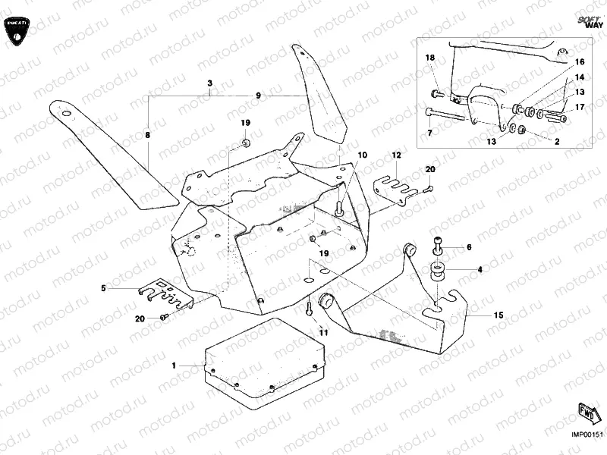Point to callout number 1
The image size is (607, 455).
tap(174, 366)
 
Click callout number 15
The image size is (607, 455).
tap(498, 314)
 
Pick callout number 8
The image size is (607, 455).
tap(148, 134)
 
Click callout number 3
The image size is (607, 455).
tap(210, 82)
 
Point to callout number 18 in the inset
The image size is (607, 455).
tap(429, 58)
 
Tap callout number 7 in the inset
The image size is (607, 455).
tap(429, 133)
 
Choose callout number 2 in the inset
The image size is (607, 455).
tap(557, 141)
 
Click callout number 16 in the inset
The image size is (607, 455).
tap(580, 61)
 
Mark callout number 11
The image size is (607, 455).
tap(324, 332)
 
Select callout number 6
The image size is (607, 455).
tap(469, 247)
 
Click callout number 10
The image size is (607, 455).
tap(363, 155)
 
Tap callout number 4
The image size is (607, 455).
tap(480, 269)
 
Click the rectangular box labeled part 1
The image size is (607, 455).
tap(266, 360)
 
